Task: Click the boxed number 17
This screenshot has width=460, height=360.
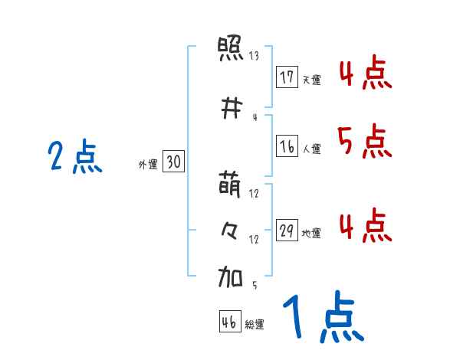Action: click(x=287, y=77)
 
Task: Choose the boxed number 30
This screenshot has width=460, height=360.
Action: click(x=173, y=162)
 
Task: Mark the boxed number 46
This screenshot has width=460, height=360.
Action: click(x=229, y=322)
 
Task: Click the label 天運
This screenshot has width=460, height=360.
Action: click(x=311, y=80)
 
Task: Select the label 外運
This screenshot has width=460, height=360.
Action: click(x=147, y=164)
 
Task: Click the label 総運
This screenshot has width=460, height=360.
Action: click(x=255, y=325)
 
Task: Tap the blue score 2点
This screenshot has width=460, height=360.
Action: click(x=74, y=158)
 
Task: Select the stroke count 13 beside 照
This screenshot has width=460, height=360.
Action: click(x=254, y=56)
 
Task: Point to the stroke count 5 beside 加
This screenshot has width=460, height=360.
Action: click(x=254, y=285)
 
